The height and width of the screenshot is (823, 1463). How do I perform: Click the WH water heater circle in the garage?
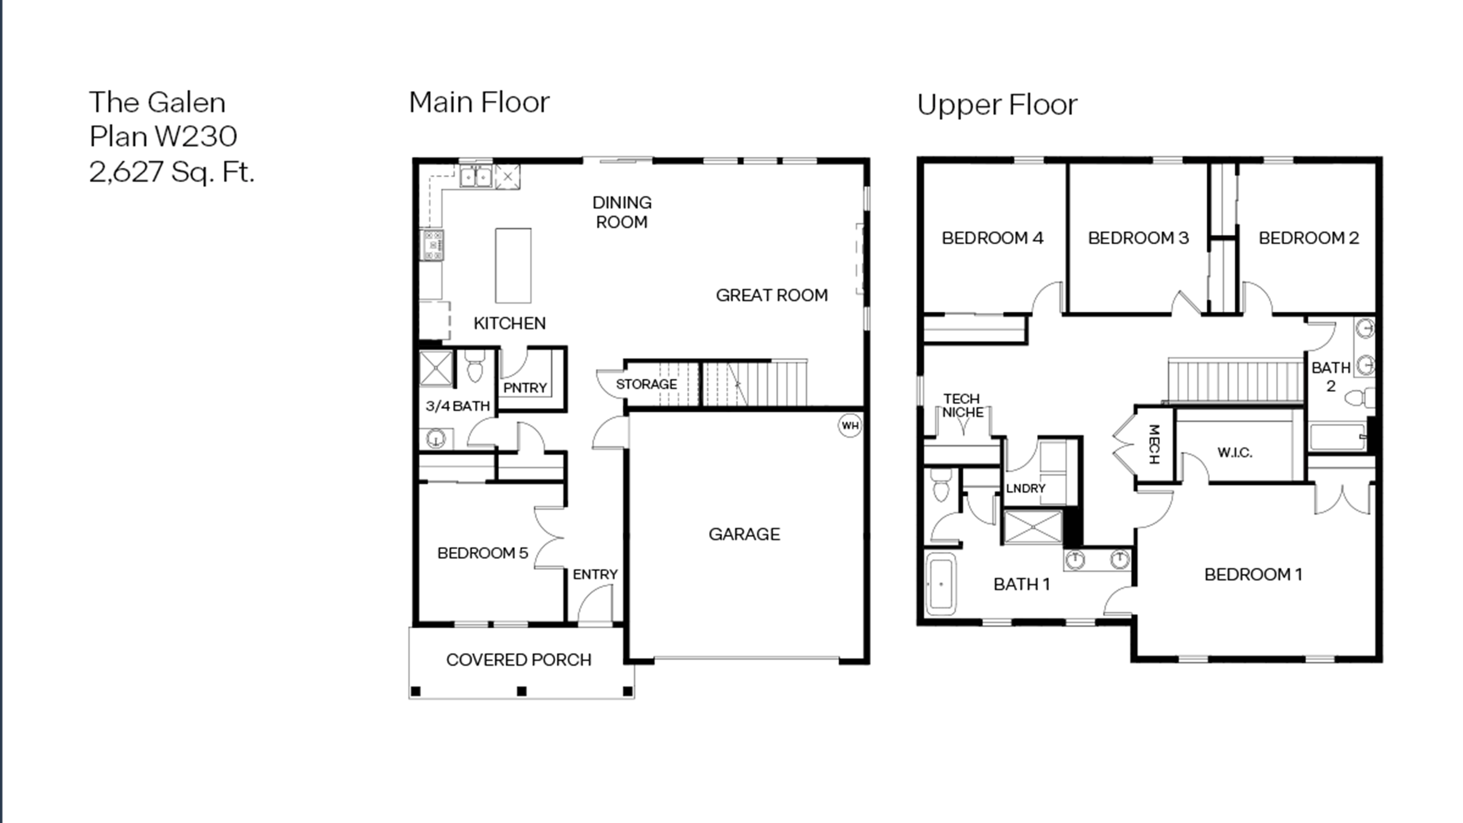pyautogui.click(x=850, y=425)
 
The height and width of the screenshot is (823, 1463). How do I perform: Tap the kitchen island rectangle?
pyautogui.click(x=513, y=265)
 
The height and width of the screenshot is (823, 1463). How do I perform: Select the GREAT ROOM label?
pyautogui.click(x=771, y=295)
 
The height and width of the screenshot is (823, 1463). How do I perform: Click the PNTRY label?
pyautogui.click(x=525, y=388)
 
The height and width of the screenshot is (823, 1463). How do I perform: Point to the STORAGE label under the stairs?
pyautogui.click(x=646, y=384)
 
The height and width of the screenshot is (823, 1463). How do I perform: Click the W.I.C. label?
pyautogui.click(x=1235, y=453)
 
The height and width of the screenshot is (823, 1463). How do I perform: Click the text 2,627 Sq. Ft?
pyautogui.click(x=172, y=172)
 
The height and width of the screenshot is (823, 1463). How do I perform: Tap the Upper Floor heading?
pyautogui.click(x=997, y=105)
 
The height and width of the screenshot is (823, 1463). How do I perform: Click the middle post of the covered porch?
pyautogui.click(x=521, y=691)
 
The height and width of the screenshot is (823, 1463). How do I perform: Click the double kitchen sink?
pyautogui.click(x=475, y=177)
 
